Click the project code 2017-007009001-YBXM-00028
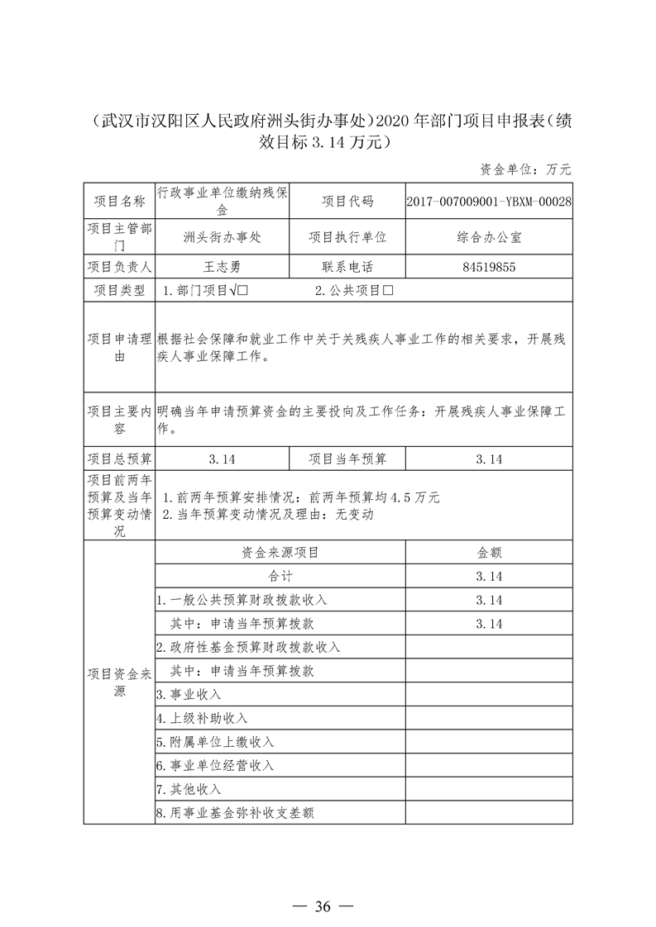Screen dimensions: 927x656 [489, 202]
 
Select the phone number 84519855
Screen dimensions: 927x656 [489, 267]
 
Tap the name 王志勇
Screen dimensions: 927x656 [222, 267]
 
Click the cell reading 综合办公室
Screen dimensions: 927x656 [489, 236]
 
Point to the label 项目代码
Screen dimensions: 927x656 [347, 202]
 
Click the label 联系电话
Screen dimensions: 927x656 [347, 267]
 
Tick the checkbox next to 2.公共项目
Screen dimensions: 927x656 [385, 291]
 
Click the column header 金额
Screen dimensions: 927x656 [489, 553]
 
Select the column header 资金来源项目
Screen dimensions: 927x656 [280, 553]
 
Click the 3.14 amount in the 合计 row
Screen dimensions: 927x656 [489, 576]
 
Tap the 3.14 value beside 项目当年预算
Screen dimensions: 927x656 [489, 459]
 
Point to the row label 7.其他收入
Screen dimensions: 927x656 [189, 789]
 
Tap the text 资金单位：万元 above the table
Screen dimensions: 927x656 [525, 169]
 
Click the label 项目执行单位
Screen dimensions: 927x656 [347, 236]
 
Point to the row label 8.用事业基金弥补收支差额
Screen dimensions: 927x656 [235, 813]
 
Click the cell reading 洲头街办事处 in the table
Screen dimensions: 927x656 [222, 236]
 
